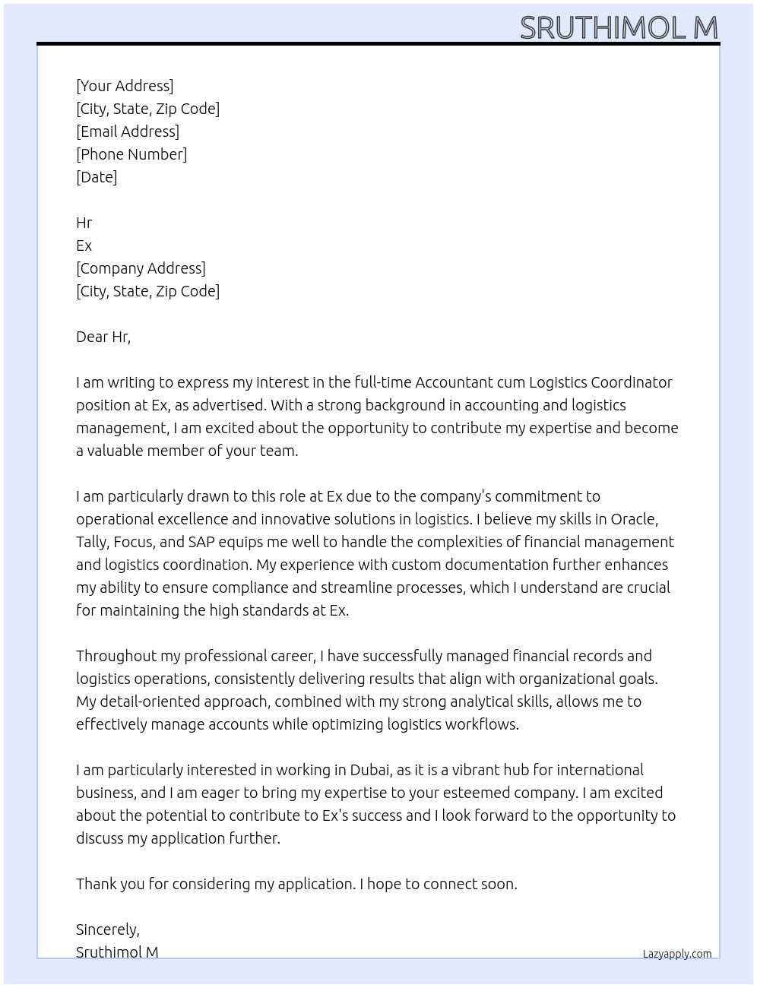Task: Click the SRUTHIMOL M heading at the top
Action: point(619,27)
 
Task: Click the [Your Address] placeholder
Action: point(125,86)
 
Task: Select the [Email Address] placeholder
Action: point(128,131)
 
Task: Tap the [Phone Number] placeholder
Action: point(131,154)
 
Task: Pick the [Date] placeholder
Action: point(97,177)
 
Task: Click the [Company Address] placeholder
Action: point(141,268)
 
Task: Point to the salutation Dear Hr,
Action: point(103,337)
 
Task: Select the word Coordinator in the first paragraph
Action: point(632,382)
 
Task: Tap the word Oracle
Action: point(634,519)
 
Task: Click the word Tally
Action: point(93,542)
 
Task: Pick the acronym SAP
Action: point(202,542)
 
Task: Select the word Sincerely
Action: point(107,929)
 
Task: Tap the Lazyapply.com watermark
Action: point(677,954)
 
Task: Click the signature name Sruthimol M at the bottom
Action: point(117,952)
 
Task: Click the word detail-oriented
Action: point(162,701)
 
